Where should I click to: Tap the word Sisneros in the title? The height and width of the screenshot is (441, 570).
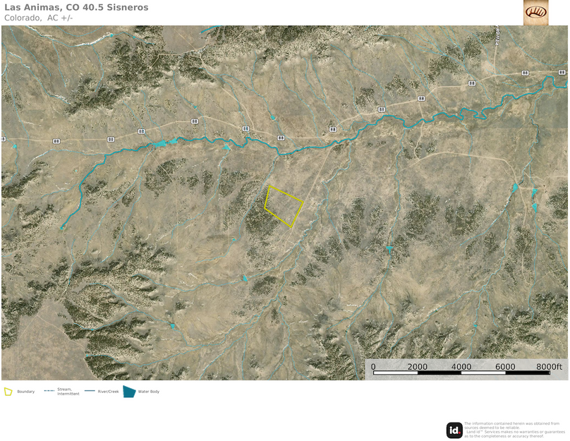(128, 7)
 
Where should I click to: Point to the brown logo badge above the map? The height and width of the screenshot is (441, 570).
(535, 12)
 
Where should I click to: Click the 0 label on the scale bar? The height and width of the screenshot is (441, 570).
(373, 367)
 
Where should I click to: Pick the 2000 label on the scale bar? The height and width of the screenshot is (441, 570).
(418, 367)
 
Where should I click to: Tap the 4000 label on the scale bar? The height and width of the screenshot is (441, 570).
(461, 367)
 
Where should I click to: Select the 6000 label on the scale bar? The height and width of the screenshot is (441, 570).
(505, 367)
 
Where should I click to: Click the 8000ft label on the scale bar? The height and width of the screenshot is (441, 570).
(550, 367)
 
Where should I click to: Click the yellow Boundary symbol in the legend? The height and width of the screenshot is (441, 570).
(8, 392)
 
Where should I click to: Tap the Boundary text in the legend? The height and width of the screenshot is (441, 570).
(25, 392)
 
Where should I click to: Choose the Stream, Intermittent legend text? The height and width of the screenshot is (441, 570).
(68, 392)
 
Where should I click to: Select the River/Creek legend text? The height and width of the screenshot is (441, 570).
(108, 392)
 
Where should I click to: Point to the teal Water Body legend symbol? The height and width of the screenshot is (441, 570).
(129, 392)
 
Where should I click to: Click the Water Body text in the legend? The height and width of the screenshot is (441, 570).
(149, 392)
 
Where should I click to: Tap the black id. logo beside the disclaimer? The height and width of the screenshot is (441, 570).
(454, 430)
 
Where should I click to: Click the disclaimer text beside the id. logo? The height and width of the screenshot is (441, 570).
(514, 430)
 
